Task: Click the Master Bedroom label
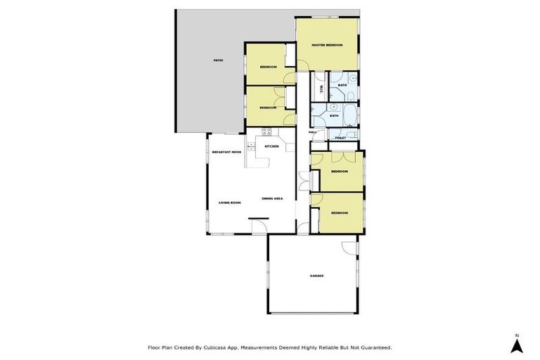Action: click(x=327, y=45)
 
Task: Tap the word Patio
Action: click(x=218, y=60)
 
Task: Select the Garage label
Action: click(x=316, y=276)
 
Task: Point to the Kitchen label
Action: click(x=271, y=146)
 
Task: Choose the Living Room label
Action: click(x=229, y=202)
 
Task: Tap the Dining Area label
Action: click(x=272, y=199)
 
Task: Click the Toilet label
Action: click(x=340, y=138)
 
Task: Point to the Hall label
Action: click(x=312, y=131)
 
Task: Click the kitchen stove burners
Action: click(x=266, y=131)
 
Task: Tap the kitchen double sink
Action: click(x=250, y=148)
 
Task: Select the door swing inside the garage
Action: click(x=349, y=247)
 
